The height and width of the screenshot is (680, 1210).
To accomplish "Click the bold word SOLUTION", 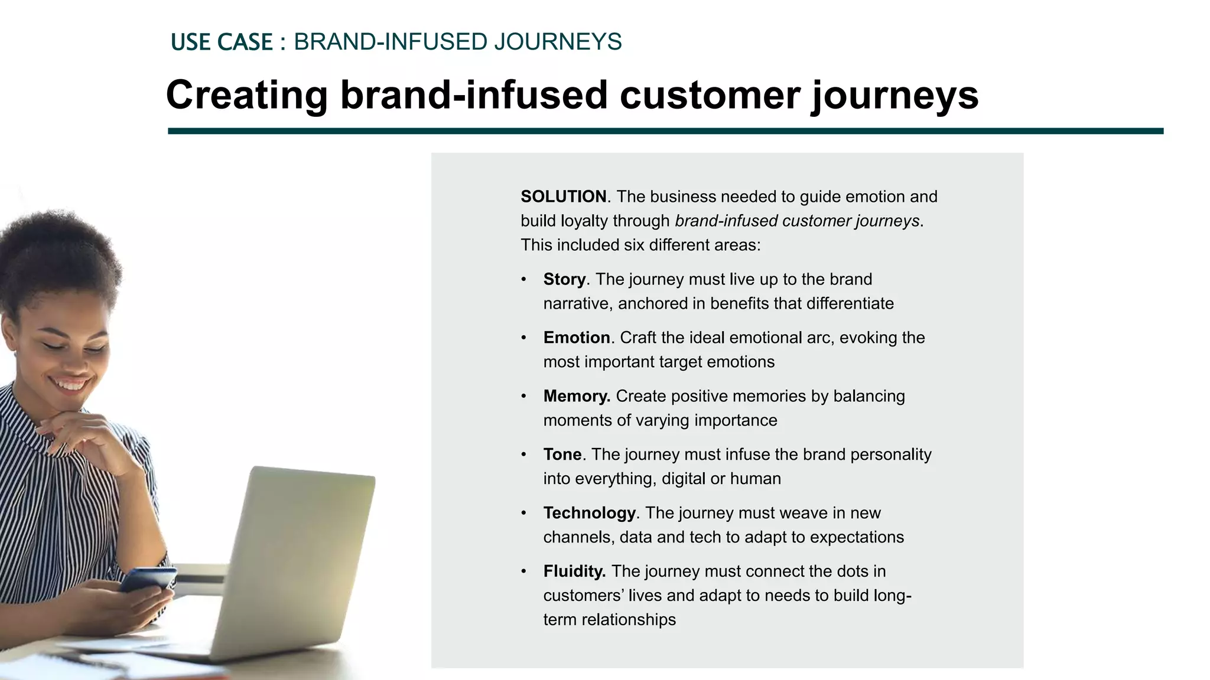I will pyautogui.click(x=563, y=197).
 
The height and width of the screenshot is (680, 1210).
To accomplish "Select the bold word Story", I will pyautogui.click(x=564, y=279).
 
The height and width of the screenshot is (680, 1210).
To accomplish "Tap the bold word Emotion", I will pyautogui.click(x=577, y=338).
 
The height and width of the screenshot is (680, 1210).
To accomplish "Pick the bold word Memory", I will pyautogui.click(x=577, y=396).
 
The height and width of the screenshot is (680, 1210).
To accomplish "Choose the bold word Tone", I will pyautogui.click(x=562, y=455).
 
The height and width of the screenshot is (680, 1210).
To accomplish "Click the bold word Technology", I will pyautogui.click(x=589, y=513).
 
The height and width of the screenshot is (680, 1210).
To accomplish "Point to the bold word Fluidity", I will pyautogui.click(x=574, y=571).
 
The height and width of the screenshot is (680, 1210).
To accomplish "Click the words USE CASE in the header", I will pyautogui.click(x=222, y=42).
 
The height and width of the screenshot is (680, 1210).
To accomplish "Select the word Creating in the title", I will pyautogui.click(x=246, y=95).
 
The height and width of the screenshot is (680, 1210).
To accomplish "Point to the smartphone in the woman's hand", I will pyautogui.click(x=148, y=579).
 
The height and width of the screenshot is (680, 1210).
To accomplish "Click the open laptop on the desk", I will pyautogui.click(x=295, y=561).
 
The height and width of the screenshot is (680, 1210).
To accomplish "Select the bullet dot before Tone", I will pyautogui.click(x=523, y=455).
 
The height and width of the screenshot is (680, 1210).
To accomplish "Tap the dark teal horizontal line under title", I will pyautogui.click(x=665, y=131).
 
